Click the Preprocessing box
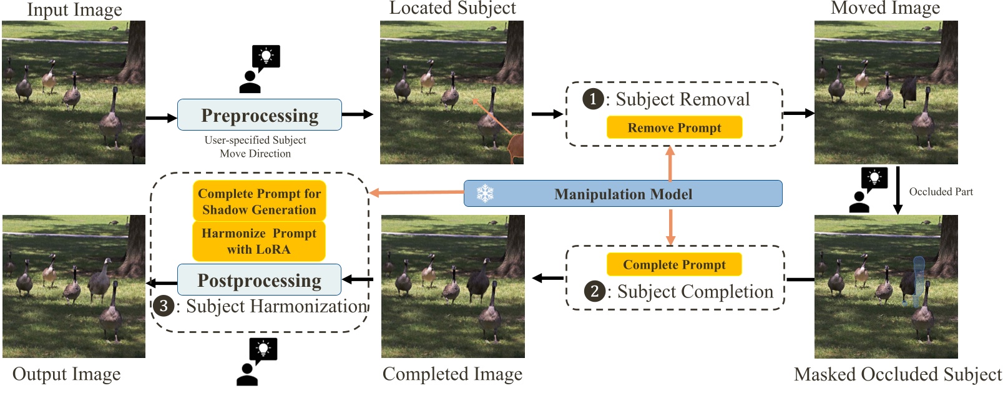pos(259,115)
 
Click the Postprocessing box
pos(259,280)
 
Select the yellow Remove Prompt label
pos(674,127)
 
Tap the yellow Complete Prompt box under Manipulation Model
pos(674,264)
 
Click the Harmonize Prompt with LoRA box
pos(259,241)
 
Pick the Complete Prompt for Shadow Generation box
pos(259,201)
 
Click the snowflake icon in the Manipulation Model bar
pos(485,194)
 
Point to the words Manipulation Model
pos(623,194)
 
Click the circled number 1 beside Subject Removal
pos(592,99)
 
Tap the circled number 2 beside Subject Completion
pos(594,291)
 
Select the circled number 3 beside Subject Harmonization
pos(163,306)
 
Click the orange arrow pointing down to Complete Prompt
pos(670,226)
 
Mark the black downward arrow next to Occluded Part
pos(898,190)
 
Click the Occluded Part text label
pos(941,192)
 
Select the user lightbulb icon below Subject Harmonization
pos(257,361)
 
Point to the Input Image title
pos(74,10)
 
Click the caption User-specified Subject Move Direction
pos(255,147)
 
